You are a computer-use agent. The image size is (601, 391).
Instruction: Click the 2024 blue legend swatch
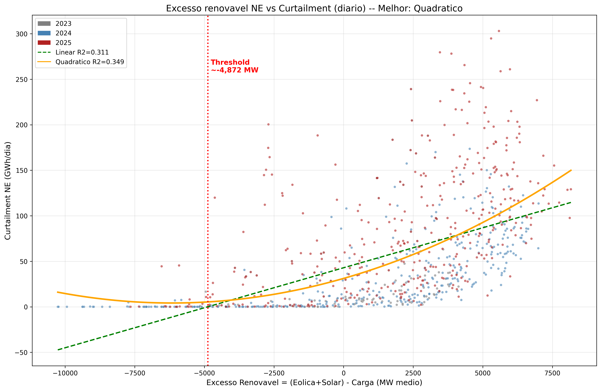[x=44, y=33]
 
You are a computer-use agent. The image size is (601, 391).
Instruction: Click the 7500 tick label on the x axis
[x=552, y=373]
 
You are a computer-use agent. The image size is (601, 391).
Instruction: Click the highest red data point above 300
[x=499, y=31]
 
